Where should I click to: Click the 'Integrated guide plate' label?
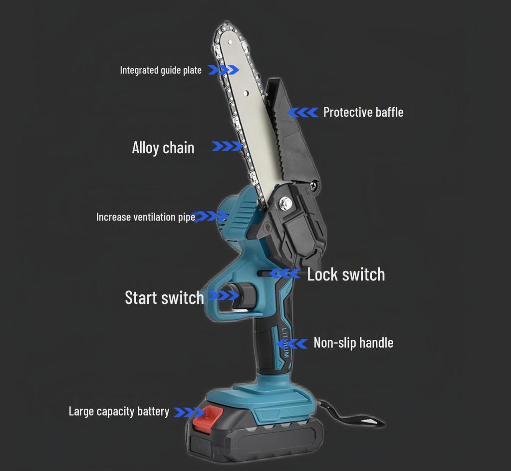[161, 70]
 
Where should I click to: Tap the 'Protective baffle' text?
[363, 112]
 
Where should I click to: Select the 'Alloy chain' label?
[163, 148]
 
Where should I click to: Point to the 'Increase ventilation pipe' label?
[146, 217]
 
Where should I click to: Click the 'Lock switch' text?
[346, 274]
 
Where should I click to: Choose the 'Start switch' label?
[164, 297]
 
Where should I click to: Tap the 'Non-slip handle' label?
[353, 343]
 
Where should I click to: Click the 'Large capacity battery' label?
[119, 411]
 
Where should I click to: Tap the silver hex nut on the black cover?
[286, 203]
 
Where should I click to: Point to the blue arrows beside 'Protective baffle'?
[303, 112]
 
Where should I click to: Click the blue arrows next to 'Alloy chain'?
[227, 146]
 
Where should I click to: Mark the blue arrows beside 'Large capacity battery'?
[189, 412]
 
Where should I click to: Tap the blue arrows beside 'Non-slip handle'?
[291, 344]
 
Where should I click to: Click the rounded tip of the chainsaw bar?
[225, 26]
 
